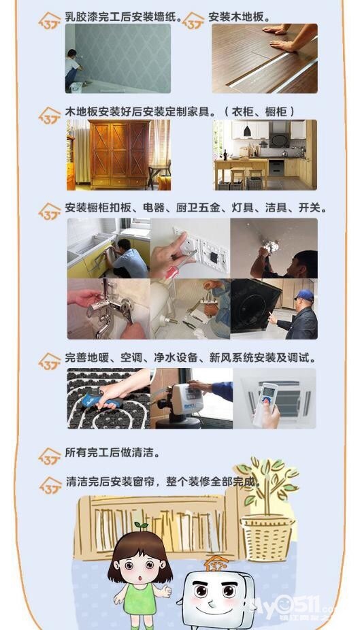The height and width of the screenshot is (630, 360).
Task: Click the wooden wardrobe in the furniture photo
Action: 119,154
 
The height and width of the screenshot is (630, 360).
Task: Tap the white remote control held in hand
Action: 265,403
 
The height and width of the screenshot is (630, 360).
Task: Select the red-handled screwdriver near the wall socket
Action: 176,267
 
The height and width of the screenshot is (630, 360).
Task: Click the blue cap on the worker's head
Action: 305,296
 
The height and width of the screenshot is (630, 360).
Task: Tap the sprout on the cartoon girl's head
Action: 141,525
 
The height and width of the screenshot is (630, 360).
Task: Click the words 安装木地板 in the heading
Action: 236,17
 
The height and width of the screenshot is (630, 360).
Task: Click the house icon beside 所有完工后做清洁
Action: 50,457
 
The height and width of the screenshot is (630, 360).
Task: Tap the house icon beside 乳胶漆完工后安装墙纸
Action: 50,20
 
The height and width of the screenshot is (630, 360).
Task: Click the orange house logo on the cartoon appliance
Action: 216,563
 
